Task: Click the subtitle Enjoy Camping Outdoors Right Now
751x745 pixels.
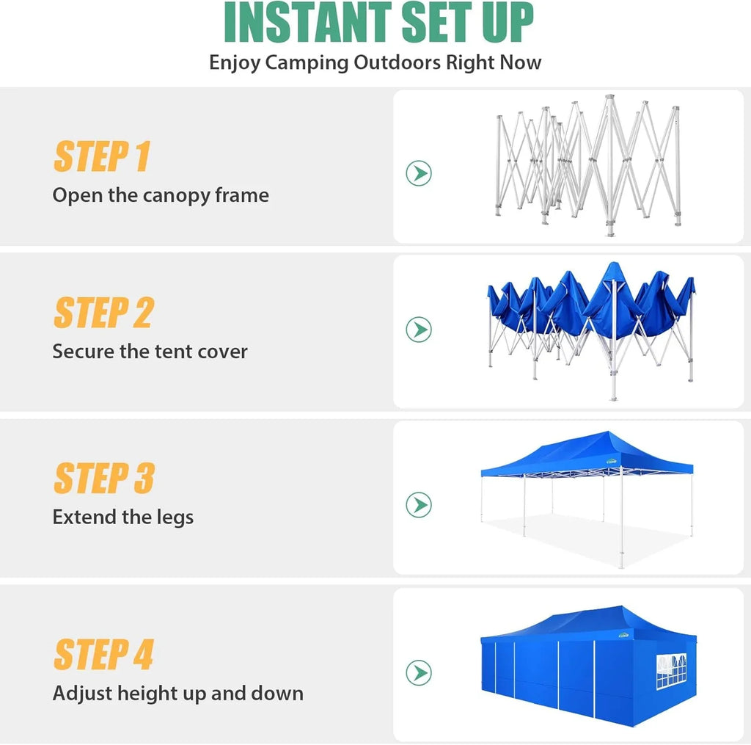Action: point(375,62)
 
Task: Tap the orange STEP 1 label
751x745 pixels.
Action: point(102,156)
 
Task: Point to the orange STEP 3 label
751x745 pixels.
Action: point(104,478)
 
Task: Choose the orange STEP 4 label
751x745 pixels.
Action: point(104,654)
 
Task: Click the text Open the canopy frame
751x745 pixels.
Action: point(161,195)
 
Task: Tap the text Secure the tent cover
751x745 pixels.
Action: point(150,352)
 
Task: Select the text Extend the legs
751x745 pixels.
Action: point(123,517)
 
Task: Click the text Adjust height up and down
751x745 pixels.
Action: point(177,694)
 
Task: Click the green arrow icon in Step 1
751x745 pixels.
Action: point(419,174)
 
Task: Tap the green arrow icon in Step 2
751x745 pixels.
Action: point(419,330)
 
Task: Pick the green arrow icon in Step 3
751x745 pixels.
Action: point(419,505)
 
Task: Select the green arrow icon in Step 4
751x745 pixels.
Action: point(419,673)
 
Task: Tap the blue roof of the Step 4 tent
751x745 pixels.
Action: point(587,620)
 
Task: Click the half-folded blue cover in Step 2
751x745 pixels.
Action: point(590,301)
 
